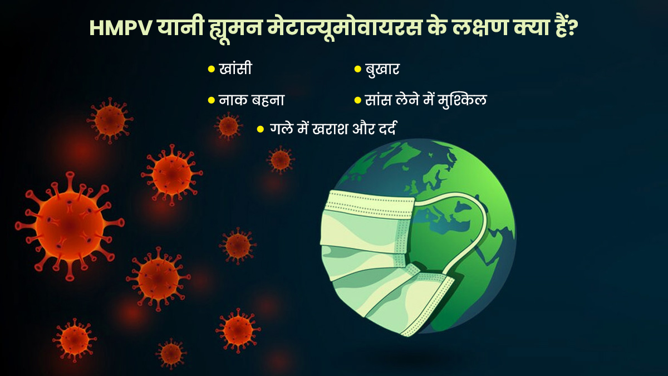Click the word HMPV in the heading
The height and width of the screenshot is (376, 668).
pos(121,28)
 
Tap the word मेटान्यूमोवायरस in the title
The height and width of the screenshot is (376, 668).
pos(344,28)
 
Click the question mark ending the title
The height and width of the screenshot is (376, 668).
pos(573,28)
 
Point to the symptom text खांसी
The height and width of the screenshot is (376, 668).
pos(235,69)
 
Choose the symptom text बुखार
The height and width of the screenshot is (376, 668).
pos(382,69)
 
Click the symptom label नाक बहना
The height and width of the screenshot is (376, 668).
pos(252,100)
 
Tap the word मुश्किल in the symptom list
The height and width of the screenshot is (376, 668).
pos(462,100)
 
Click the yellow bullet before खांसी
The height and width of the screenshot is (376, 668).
pos(211,69)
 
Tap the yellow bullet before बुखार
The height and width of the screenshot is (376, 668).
pos(357,69)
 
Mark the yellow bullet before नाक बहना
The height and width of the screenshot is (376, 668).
pos(211,100)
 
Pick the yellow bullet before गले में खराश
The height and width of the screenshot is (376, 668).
pos(261,129)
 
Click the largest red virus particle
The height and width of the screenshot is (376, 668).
pos(70,226)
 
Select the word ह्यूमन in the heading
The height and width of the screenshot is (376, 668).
pos(233,30)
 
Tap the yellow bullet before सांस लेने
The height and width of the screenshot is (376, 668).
pos(357,100)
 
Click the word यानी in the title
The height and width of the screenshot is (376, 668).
pos(179,28)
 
